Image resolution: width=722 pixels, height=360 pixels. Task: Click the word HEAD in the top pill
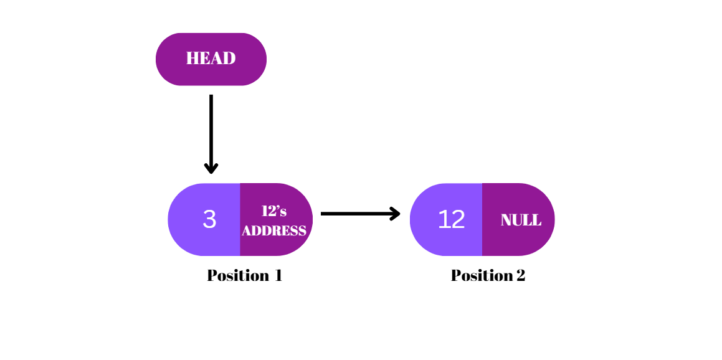click(211, 59)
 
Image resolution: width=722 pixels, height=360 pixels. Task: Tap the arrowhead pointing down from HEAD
click(211, 168)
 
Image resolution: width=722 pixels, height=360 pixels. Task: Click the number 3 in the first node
click(209, 219)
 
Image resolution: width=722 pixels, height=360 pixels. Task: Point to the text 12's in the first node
click(274, 211)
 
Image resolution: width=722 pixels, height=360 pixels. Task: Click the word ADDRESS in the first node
click(274, 230)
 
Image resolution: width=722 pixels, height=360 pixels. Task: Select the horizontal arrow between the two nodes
click(355, 214)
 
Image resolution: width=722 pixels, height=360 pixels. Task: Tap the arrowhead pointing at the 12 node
click(395, 214)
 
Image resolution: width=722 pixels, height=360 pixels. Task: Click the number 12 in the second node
click(451, 219)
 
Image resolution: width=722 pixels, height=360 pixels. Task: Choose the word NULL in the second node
click(521, 220)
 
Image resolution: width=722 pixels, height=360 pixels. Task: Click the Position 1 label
click(244, 275)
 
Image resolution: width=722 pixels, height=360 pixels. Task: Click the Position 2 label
click(488, 275)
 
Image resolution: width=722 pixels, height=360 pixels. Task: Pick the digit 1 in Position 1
click(278, 275)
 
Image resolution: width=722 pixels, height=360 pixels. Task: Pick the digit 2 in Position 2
click(520, 275)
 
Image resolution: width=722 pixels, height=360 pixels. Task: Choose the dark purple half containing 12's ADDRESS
click(274, 246)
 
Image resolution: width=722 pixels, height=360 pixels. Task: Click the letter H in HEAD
click(192, 59)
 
